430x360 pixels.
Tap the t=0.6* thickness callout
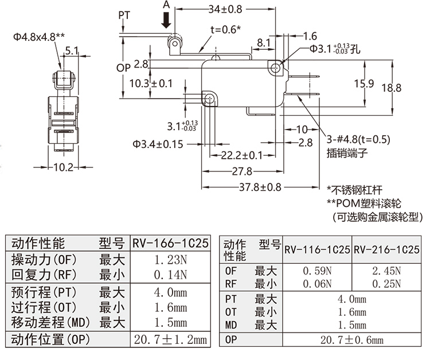click(x=225, y=30)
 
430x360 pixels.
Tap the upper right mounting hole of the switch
click(x=277, y=68)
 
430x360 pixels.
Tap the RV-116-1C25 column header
click(x=317, y=250)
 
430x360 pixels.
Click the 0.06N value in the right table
click(x=317, y=283)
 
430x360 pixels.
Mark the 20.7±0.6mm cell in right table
click(x=352, y=341)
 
